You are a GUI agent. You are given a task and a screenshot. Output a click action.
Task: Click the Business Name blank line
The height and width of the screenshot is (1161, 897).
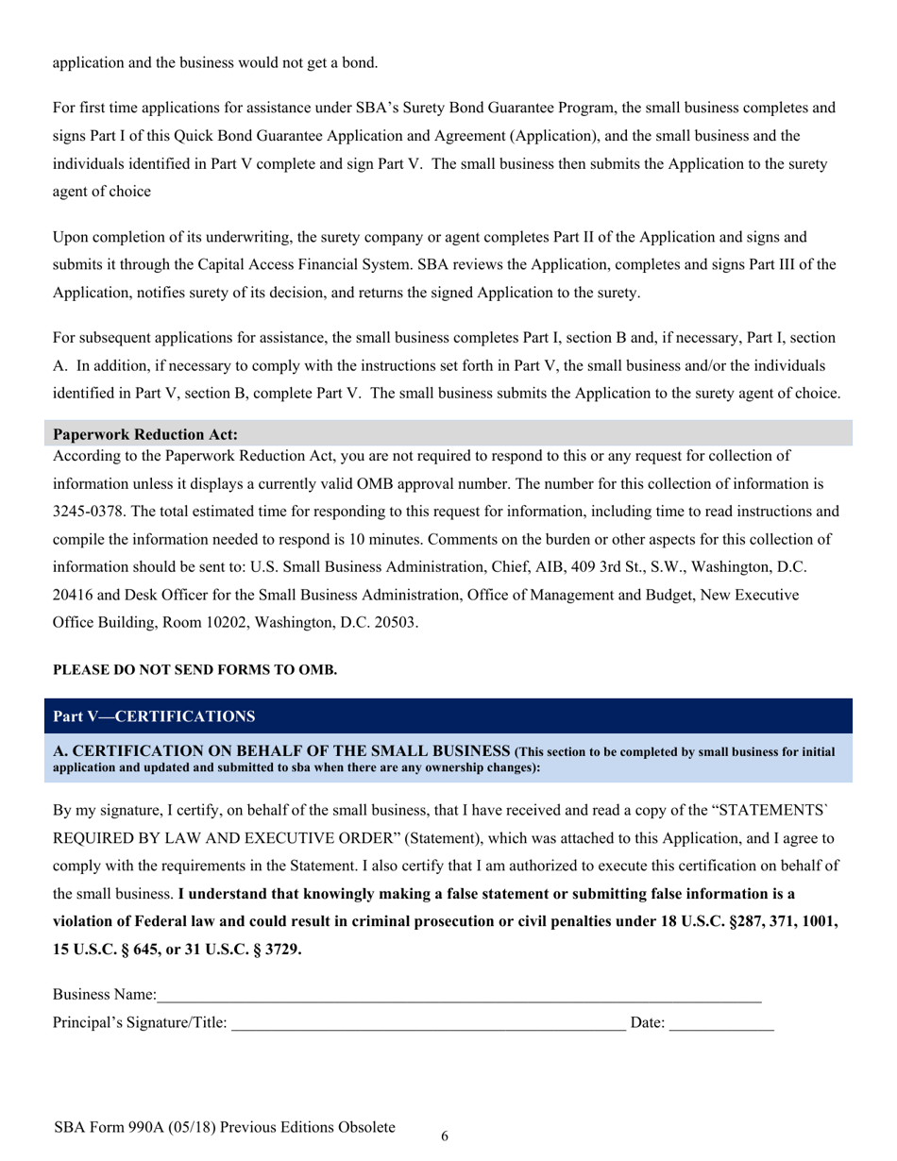(x=459, y=997)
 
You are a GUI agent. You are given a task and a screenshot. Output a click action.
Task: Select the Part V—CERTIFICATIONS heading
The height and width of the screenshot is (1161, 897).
(x=154, y=716)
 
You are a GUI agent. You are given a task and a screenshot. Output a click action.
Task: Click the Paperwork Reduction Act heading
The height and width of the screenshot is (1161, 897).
(x=145, y=435)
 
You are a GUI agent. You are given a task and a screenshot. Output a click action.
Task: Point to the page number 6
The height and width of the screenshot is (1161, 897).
(x=445, y=1136)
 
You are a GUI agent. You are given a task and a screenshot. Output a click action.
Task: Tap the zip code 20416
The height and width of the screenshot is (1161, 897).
(x=77, y=596)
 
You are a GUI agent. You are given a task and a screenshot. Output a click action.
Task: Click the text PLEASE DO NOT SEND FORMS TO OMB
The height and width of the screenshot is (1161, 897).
(x=195, y=670)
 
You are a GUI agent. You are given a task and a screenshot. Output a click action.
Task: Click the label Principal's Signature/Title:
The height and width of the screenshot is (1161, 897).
(x=140, y=1022)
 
